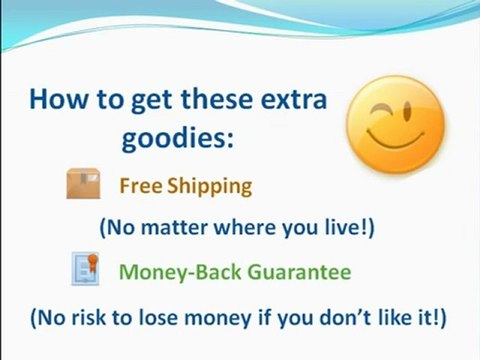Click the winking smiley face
tap(396, 126)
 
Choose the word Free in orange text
tap(140, 186)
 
